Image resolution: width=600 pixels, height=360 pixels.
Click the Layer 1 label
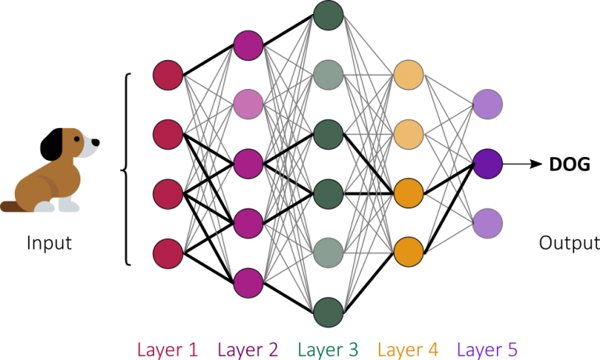(167, 349)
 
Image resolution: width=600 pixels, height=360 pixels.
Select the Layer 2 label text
(248, 349)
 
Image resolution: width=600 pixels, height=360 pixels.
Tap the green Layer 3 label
(328, 349)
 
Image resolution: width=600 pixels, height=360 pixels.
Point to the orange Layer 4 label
(409, 349)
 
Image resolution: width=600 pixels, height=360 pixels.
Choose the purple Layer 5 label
(487, 349)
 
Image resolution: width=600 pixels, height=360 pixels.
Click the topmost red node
(168, 75)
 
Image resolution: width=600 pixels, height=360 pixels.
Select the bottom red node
(168, 254)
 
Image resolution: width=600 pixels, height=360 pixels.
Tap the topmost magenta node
(248, 45)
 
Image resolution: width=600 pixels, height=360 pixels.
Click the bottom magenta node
(248, 283)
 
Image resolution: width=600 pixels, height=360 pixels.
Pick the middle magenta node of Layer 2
(248, 164)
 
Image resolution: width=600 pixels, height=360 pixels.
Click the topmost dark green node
(328, 16)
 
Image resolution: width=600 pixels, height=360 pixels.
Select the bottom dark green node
(328, 312)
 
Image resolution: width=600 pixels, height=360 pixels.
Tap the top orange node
(409, 75)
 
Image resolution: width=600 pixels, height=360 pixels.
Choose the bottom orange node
(409, 252)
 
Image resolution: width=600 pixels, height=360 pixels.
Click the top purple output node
(487, 105)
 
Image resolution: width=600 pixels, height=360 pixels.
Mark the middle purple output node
(487, 164)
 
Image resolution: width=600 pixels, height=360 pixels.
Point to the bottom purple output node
(487, 223)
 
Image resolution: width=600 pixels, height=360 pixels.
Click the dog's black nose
(98, 142)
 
